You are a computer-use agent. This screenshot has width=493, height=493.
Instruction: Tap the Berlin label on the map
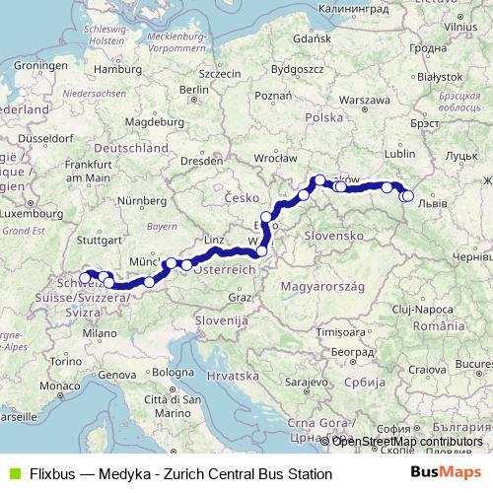193,91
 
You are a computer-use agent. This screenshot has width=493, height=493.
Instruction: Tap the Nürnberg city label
138,201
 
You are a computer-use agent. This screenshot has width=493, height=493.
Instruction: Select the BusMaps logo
446,473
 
